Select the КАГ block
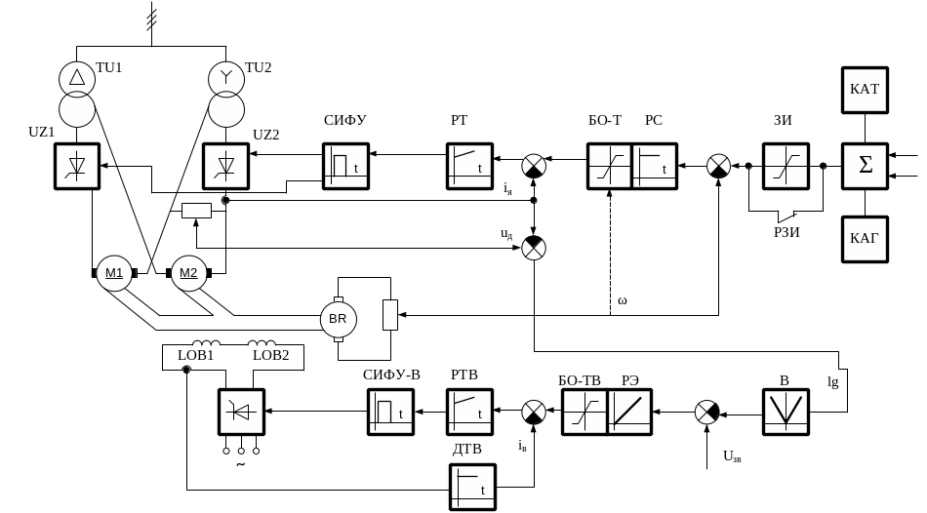(x=865, y=239)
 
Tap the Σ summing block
(x=865, y=166)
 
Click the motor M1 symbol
(x=114, y=272)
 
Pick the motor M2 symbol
(x=187, y=272)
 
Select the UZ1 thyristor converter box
(x=77, y=166)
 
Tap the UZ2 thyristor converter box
(x=225, y=166)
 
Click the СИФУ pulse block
(x=345, y=166)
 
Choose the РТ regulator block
(x=469, y=166)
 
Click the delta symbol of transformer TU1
(x=75, y=76)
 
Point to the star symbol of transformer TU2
(x=225, y=76)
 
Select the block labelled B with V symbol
(x=786, y=412)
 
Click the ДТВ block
(x=473, y=486)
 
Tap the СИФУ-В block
(x=390, y=412)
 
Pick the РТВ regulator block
(x=469, y=412)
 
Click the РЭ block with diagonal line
(x=629, y=412)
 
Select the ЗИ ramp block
(x=786, y=166)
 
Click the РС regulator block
(x=655, y=166)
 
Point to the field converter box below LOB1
(x=241, y=412)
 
